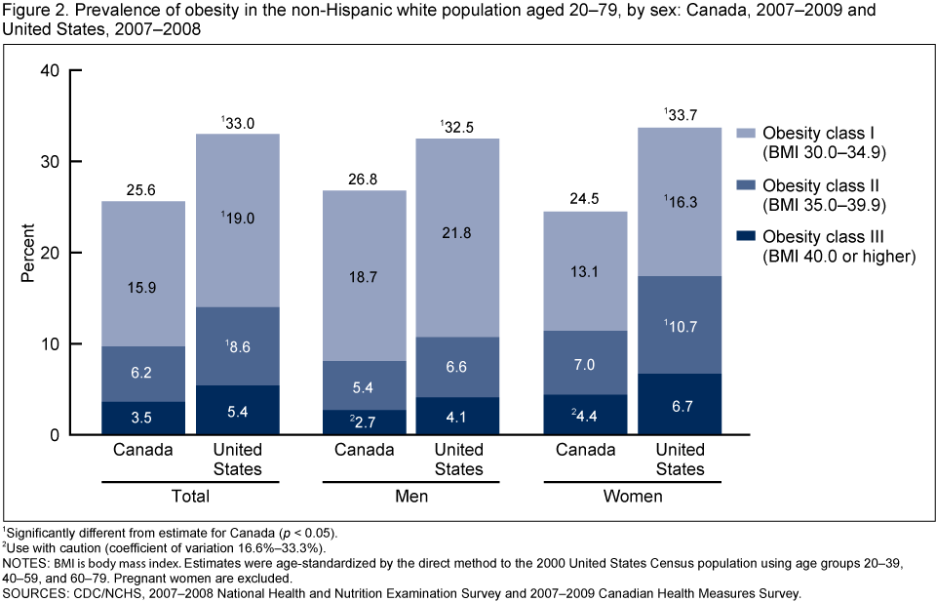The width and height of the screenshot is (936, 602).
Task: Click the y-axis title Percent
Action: pos(28,253)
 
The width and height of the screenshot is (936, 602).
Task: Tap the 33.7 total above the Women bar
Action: pos(681,113)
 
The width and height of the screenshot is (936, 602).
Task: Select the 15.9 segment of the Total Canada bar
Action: pos(142,289)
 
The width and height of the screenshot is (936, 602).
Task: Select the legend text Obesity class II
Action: pos(824,185)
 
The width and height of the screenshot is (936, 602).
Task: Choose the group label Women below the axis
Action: pos(632,497)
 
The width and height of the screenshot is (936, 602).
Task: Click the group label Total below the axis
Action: pos(191,497)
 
